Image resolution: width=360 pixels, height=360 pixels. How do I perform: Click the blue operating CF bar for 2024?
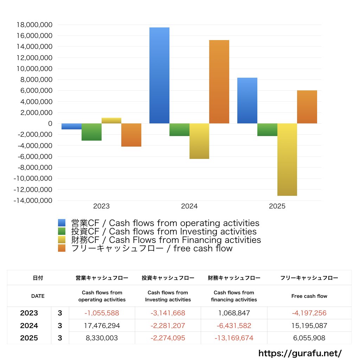(159, 75)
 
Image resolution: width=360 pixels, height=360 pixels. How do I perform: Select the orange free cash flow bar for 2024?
(219, 82)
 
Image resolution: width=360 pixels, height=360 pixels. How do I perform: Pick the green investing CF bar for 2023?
(91, 132)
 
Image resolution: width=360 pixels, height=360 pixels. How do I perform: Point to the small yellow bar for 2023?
(111, 121)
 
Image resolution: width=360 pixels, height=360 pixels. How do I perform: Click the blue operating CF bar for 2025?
(247, 101)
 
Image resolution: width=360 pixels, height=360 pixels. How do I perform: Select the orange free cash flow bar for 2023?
(131, 135)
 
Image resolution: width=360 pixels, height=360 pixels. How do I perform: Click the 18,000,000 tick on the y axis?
(34, 25)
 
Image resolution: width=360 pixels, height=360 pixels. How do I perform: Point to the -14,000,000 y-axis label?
(33, 200)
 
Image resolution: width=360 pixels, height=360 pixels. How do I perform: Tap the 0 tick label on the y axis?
(50, 123)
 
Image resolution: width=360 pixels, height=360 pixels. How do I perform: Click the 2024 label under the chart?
(189, 206)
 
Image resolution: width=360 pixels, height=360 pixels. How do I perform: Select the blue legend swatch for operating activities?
(62, 223)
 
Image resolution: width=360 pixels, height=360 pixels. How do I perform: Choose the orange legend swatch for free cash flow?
(62, 248)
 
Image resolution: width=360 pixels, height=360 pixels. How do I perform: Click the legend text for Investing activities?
(164, 231)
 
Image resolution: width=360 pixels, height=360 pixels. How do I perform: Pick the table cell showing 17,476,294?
(102, 326)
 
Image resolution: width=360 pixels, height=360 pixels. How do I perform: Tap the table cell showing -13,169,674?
(234, 338)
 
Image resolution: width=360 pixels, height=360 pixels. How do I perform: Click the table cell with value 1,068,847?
(234, 313)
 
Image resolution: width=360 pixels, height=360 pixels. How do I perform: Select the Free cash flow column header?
(309, 296)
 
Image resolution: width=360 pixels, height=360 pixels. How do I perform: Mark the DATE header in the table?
(38, 296)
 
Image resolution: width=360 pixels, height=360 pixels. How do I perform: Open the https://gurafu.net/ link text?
(300, 353)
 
